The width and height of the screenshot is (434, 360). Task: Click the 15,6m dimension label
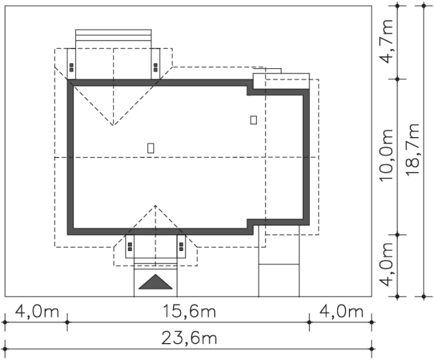(189, 311)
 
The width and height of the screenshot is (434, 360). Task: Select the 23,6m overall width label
(189, 338)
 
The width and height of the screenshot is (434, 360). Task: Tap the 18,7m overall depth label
(412, 150)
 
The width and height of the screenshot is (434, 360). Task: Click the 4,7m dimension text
(386, 41)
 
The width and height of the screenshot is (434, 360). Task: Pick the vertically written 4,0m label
(386, 264)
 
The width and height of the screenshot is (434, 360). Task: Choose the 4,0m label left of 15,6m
(37, 311)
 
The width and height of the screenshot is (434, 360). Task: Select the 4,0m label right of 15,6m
(342, 311)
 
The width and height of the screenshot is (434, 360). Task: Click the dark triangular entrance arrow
(155, 282)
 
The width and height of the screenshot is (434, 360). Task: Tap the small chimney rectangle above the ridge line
(151, 148)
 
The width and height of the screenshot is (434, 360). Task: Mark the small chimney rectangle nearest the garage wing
(253, 120)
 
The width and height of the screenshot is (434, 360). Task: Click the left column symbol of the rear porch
(71, 68)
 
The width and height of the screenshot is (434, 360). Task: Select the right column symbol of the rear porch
(155, 68)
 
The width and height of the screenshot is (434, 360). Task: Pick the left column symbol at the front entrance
(130, 247)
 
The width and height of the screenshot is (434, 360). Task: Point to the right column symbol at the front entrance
(182, 247)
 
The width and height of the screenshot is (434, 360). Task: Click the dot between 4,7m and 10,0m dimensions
(397, 79)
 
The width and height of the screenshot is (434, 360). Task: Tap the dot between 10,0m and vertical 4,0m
(397, 235)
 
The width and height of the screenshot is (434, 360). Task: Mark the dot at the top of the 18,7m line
(424, 5)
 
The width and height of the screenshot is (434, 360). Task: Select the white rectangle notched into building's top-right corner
(281, 81)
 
